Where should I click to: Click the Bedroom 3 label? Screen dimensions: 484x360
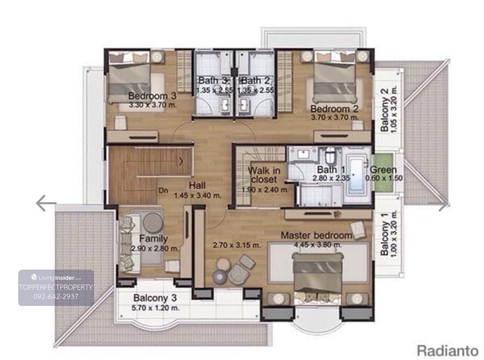pos(152,96)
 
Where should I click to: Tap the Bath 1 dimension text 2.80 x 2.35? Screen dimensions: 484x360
pos(331,178)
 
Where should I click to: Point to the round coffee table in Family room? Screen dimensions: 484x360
pos(153,222)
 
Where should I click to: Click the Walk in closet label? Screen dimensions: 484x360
pos(264,175)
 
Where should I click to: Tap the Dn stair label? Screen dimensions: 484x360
pos(163,190)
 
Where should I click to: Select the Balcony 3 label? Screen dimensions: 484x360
pos(155,298)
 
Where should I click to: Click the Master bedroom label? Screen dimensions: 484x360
pos(316,235)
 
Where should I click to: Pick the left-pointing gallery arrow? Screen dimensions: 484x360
pos(46,203)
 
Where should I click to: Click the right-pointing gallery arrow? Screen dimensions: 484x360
pos(443,203)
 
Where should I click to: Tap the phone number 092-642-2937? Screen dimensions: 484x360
pos(56,296)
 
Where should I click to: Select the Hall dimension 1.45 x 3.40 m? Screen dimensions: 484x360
pos(198,195)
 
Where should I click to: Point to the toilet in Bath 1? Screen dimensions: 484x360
pos(330,155)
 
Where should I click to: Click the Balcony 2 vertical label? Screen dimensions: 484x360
pos(384,110)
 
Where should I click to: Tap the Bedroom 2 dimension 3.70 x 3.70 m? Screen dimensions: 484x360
pos(335,117)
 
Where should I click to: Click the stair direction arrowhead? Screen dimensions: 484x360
pos(181,162)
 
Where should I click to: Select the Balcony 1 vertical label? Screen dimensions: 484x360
pos(384,234)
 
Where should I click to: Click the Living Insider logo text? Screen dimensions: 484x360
pos(56,278)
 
